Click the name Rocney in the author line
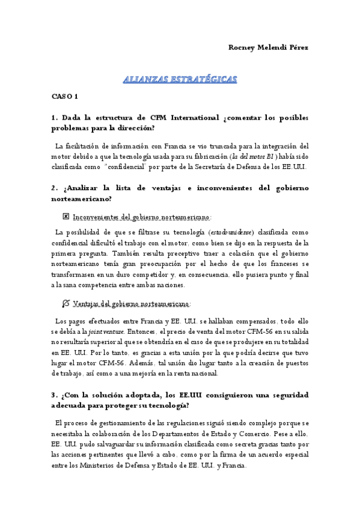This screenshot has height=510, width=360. coord(242,48)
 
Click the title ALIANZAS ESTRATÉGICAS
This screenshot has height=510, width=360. coord(180,79)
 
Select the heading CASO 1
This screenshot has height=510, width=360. coord(65,96)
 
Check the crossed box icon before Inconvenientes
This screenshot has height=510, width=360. coord(66,216)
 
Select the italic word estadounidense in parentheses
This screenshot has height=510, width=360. coord(231,232)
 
